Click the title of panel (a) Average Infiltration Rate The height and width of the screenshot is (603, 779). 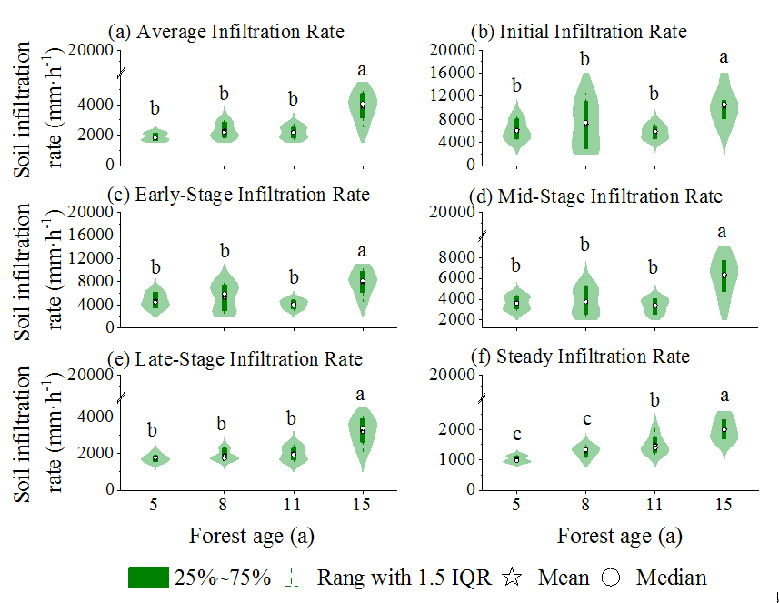click(x=226, y=32)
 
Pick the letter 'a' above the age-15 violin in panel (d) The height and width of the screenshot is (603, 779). click(x=723, y=231)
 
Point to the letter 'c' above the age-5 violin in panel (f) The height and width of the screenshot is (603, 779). click(x=516, y=435)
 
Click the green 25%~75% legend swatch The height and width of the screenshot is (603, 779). click(x=148, y=577)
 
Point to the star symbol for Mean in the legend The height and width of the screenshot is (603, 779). click(x=513, y=577)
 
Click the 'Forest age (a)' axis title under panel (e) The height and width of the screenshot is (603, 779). click(x=252, y=535)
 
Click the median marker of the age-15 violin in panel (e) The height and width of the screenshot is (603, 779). click(x=362, y=429)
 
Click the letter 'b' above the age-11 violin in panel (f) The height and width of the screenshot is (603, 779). click(x=654, y=401)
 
